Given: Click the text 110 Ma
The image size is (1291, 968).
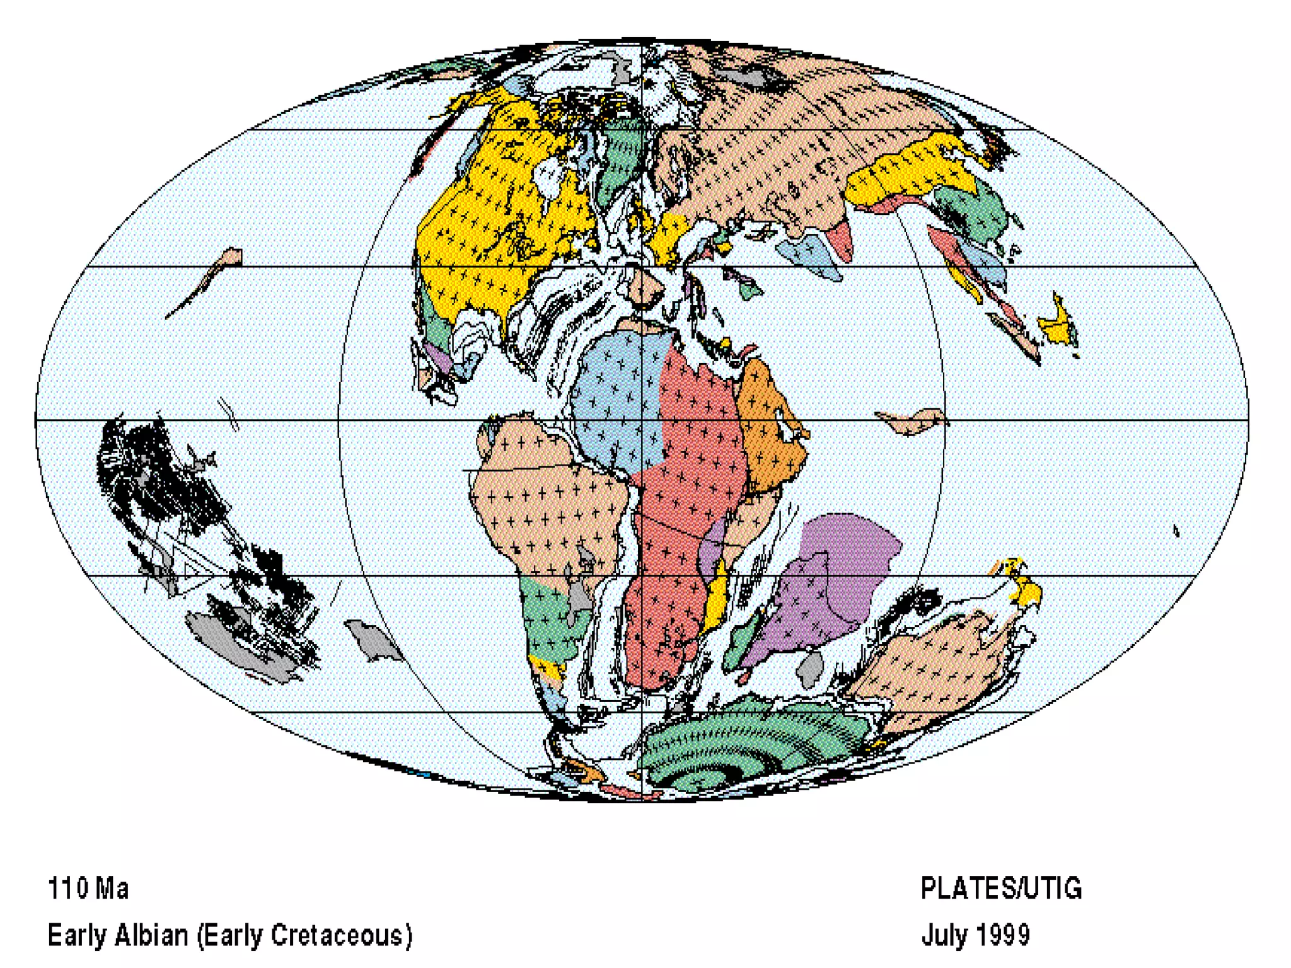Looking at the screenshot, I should [x=88, y=889].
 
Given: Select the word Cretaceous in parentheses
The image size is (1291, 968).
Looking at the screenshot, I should [x=337, y=935].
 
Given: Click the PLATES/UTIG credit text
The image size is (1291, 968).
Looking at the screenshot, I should [x=1001, y=889].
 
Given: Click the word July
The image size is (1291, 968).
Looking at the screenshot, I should [x=944, y=935].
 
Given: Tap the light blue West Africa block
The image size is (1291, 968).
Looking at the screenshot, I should [x=615, y=403].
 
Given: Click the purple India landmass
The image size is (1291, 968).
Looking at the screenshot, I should [x=826, y=586].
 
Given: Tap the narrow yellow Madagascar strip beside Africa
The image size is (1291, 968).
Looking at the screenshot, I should [x=716, y=599].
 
